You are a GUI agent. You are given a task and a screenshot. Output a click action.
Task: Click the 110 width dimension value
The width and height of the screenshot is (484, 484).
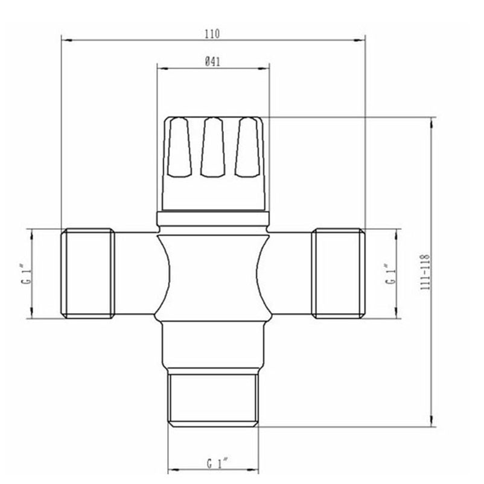pyautogui.click(x=212, y=34)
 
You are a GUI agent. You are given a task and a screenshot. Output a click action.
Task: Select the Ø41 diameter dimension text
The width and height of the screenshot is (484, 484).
pyautogui.click(x=212, y=60)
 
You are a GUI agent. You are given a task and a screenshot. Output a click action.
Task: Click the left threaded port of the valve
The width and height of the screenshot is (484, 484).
pyautogui.click(x=89, y=273)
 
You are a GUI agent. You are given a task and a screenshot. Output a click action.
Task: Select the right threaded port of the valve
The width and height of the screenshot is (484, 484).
pyautogui.click(x=338, y=273)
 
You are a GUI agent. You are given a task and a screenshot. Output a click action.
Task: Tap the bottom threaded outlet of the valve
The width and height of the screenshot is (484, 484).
pyautogui.click(x=213, y=400)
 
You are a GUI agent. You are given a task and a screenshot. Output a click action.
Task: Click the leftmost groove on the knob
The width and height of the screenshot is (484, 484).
pyautogui.click(x=179, y=148)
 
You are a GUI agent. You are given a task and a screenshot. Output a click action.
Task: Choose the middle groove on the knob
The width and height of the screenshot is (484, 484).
pyautogui.click(x=212, y=148)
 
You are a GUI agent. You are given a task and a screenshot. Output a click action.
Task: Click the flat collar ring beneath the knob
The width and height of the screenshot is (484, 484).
pyautogui.click(x=212, y=218)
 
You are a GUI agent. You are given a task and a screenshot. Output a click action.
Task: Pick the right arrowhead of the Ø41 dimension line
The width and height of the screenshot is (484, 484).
pyautogui.click(x=266, y=67)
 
